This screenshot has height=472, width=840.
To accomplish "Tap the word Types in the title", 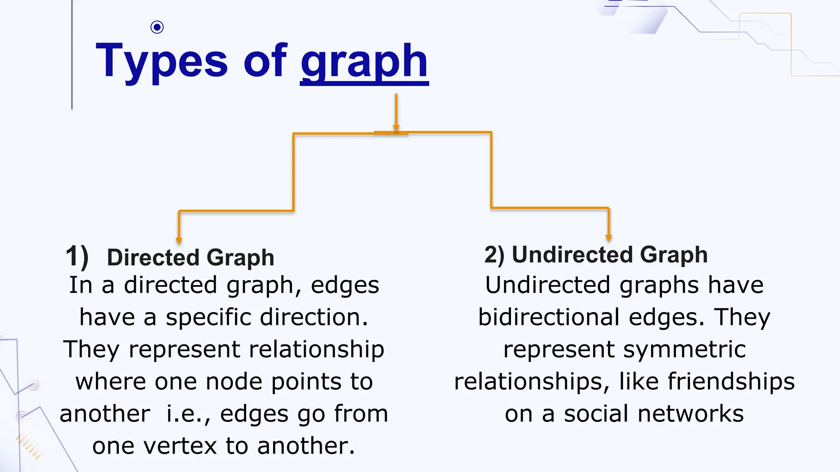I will [162, 61].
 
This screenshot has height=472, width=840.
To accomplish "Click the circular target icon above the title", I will [157, 27].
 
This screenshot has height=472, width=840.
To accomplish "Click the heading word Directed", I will [153, 258].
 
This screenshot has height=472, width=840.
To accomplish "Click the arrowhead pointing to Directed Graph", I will [179, 241].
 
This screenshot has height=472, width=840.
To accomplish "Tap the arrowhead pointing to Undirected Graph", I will [609, 238].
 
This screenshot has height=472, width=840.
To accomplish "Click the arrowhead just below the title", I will [396, 128].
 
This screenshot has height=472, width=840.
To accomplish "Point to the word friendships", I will [731, 381].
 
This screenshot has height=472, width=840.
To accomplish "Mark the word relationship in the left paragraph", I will [317, 349].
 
